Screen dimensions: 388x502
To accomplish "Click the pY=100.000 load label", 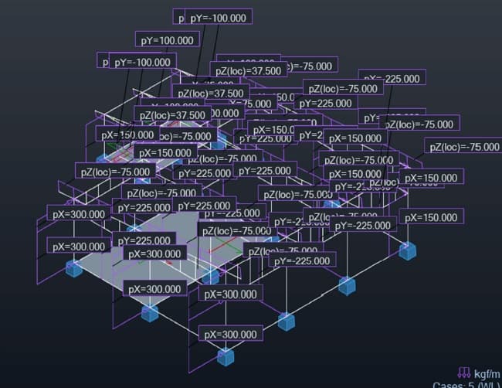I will coord(167,40).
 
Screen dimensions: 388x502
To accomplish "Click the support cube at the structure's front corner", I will coord(226,356).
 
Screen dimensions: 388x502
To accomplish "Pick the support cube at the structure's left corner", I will coord(74,268).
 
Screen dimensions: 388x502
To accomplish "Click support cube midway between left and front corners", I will coord(149,312).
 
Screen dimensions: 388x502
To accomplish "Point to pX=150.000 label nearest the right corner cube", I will coord(432,217).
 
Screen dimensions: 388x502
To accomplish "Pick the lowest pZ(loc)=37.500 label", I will coord(170,114).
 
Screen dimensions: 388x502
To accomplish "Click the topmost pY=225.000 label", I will coord(324,104).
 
